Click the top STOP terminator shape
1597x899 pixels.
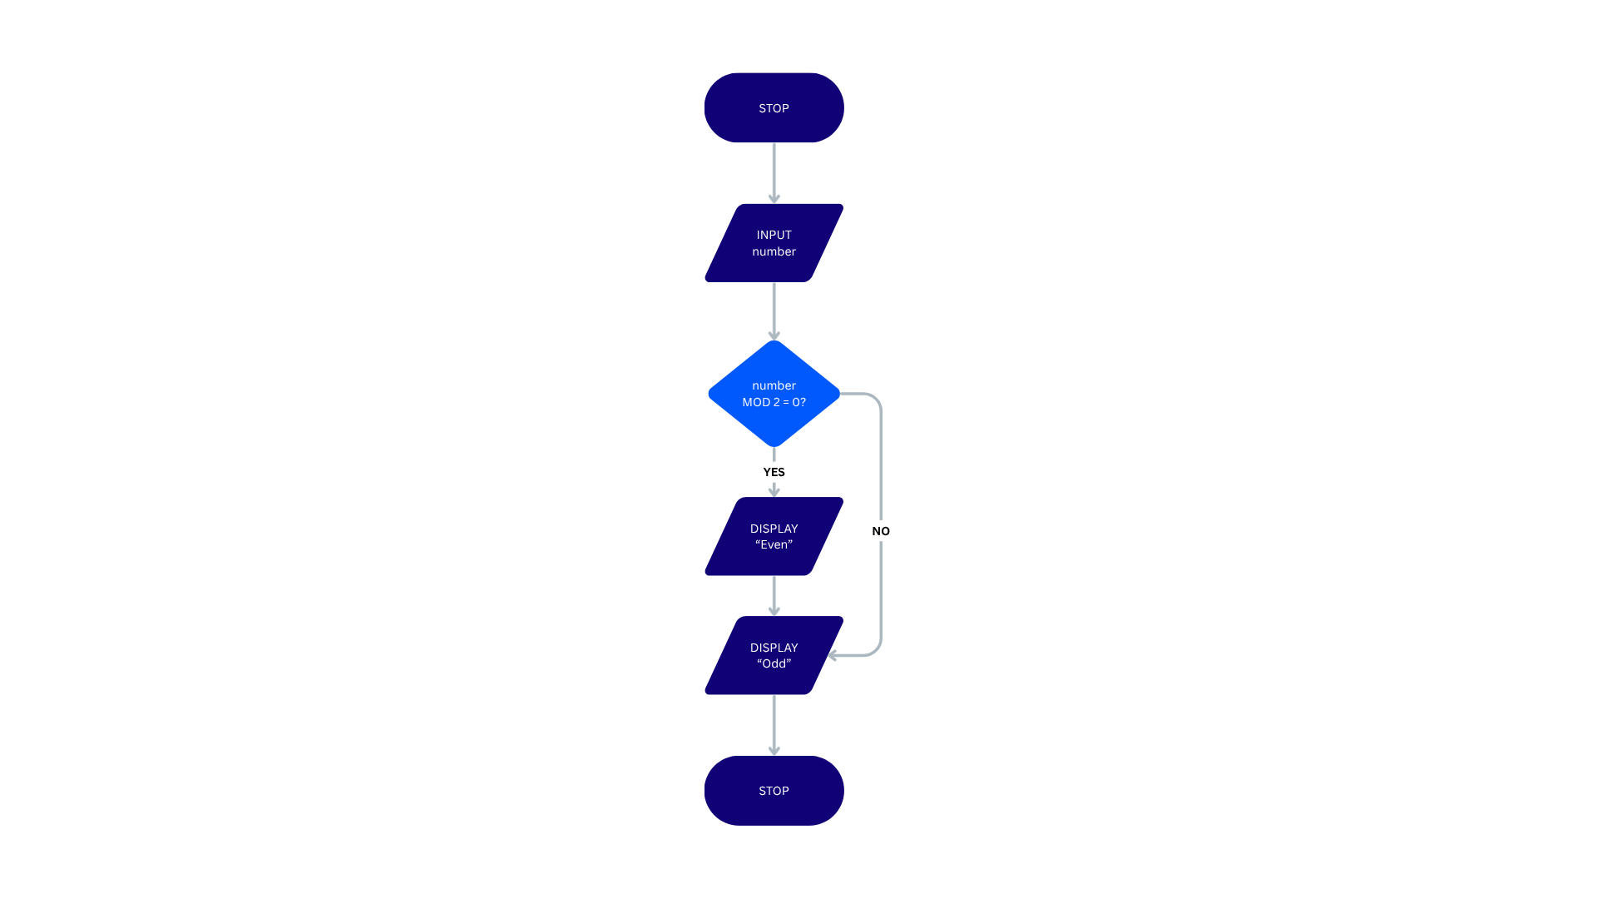click(x=774, y=108)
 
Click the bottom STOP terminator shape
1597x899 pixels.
click(x=774, y=791)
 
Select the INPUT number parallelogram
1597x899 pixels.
click(x=774, y=243)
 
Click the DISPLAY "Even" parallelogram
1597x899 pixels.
click(x=774, y=536)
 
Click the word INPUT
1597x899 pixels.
click(x=774, y=235)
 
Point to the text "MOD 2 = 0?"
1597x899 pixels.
click(x=774, y=402)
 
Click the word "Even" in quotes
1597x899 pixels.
click(x=774, y=544)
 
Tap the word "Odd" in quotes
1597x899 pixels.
click(x=774, y=663)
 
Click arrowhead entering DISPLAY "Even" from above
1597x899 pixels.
click(x=774, y=491)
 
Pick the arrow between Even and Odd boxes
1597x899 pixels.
click(x=774, y=595)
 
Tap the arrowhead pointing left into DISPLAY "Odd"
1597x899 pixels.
click(x=833, y=655)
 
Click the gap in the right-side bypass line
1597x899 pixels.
click(x=881, y=530)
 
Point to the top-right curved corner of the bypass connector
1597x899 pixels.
click(x=874, y=399)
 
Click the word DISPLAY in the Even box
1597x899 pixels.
click(x=774, y=529)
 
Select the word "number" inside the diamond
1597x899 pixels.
click(x=774, y=385)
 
